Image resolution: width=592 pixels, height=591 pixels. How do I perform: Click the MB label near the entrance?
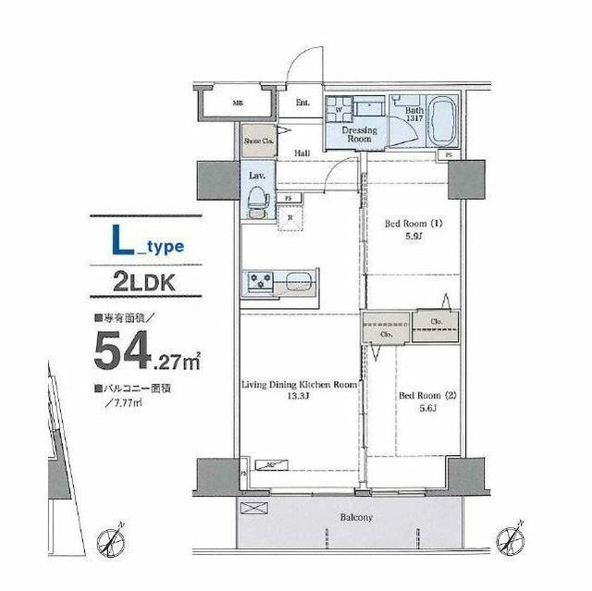pyautogui.click(x=238, y=103)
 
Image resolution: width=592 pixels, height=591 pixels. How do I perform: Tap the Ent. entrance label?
pyautogui.click(x=302, y=103)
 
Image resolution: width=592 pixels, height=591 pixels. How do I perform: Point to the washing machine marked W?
pyautogui.click(x=339, y=109)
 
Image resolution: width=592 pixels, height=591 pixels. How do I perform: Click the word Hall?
pyautogui.click(x=302, y=154)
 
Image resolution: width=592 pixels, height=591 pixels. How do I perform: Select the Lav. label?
pyautogui.click(x=256, y=175)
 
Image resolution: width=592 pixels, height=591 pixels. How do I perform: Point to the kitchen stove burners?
pyautogui.click(x=259, y=280)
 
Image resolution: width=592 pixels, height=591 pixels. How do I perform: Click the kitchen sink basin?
pyautogui.click(x=298, y=280)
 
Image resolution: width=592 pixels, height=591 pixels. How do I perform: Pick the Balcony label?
pyautogui.click(x=354, y=518)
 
